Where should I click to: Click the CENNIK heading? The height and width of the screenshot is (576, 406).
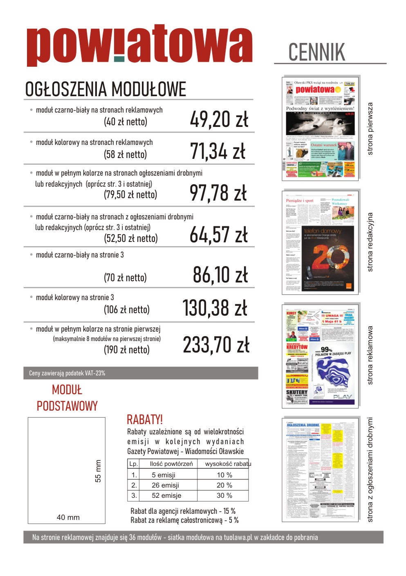point(317,52)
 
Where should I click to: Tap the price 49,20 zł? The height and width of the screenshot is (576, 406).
point(219,119)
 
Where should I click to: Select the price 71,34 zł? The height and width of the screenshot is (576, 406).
point(218,151)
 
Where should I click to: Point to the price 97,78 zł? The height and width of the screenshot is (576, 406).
point(218,192)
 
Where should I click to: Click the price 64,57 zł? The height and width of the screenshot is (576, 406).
point(219,235)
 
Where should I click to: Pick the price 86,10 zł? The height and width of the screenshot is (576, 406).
point(220,275)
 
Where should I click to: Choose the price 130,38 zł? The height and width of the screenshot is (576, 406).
point(215,308)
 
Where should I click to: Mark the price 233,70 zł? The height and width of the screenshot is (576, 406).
point(216,345)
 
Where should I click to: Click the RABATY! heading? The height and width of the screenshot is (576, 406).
point(145,420)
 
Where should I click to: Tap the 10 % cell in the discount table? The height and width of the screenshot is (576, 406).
point(224,475)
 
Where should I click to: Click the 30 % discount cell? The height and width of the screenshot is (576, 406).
point(224,495)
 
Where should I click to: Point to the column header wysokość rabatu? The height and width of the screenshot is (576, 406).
point(228,464)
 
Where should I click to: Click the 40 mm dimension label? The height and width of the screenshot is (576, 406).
point(68,517)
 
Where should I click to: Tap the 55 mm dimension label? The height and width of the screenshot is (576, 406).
point(98,471)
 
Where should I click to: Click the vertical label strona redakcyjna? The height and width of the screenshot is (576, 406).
point(370,242)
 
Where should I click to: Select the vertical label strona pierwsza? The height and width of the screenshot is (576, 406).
point(370,129)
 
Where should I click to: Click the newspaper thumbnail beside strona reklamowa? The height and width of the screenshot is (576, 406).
point(321,356)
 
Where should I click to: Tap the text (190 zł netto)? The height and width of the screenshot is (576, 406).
point(127,350)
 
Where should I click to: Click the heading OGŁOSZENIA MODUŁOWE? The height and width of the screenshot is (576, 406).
point(105,89)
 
